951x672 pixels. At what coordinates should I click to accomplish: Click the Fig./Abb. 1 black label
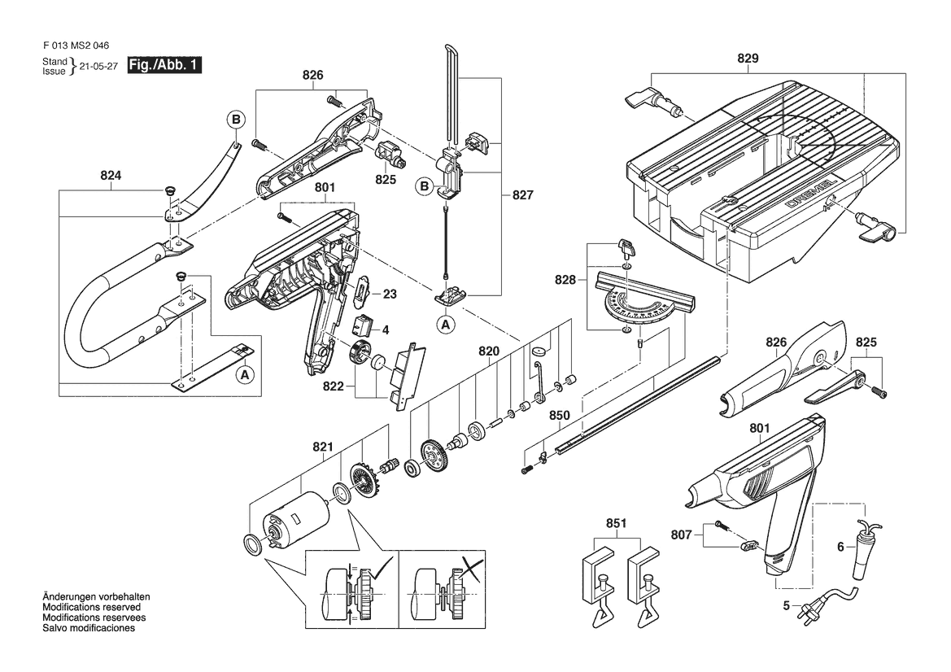[164, 65]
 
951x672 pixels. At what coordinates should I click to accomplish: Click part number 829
[748, 59]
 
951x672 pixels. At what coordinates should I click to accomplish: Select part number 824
[111, 174]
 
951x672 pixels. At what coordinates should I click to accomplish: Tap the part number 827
[523, 195]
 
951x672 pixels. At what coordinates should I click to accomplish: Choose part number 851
[616, 525]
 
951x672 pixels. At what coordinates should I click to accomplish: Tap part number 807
[681, 535]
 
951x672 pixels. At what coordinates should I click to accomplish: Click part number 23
[390, 295]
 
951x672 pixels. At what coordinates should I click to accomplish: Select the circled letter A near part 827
[445, 324]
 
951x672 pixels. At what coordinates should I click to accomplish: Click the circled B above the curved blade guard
[235, 120]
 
